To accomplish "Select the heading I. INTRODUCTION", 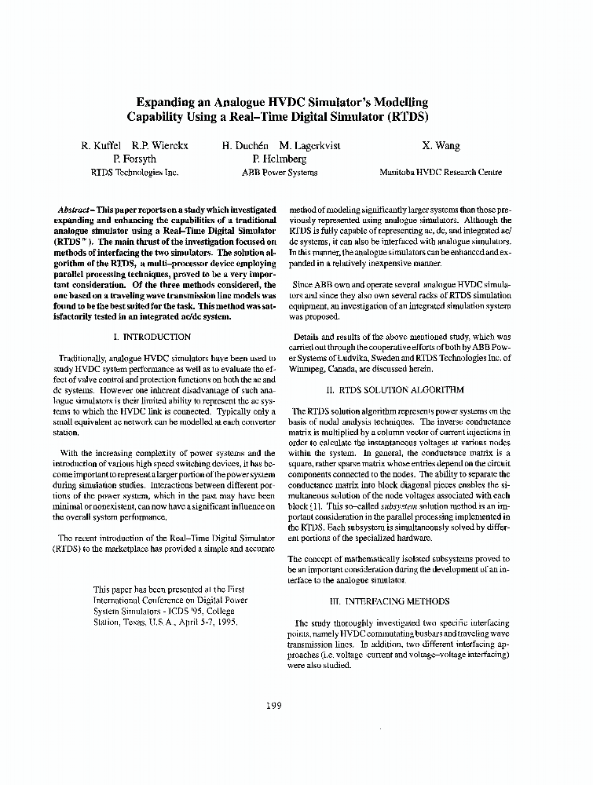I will [153, 337].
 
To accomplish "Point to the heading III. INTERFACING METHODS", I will [395, 601].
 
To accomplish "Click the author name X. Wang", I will [441, 145].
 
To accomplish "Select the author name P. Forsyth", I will [135, 159].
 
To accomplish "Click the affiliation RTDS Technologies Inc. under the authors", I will [135, 172].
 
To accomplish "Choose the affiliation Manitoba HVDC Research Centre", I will [441, 172].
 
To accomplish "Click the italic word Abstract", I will [74, 210].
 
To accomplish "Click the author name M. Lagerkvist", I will [312, 145].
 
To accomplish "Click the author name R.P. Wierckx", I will [160, 145].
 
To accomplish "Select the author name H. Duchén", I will [246, 145].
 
